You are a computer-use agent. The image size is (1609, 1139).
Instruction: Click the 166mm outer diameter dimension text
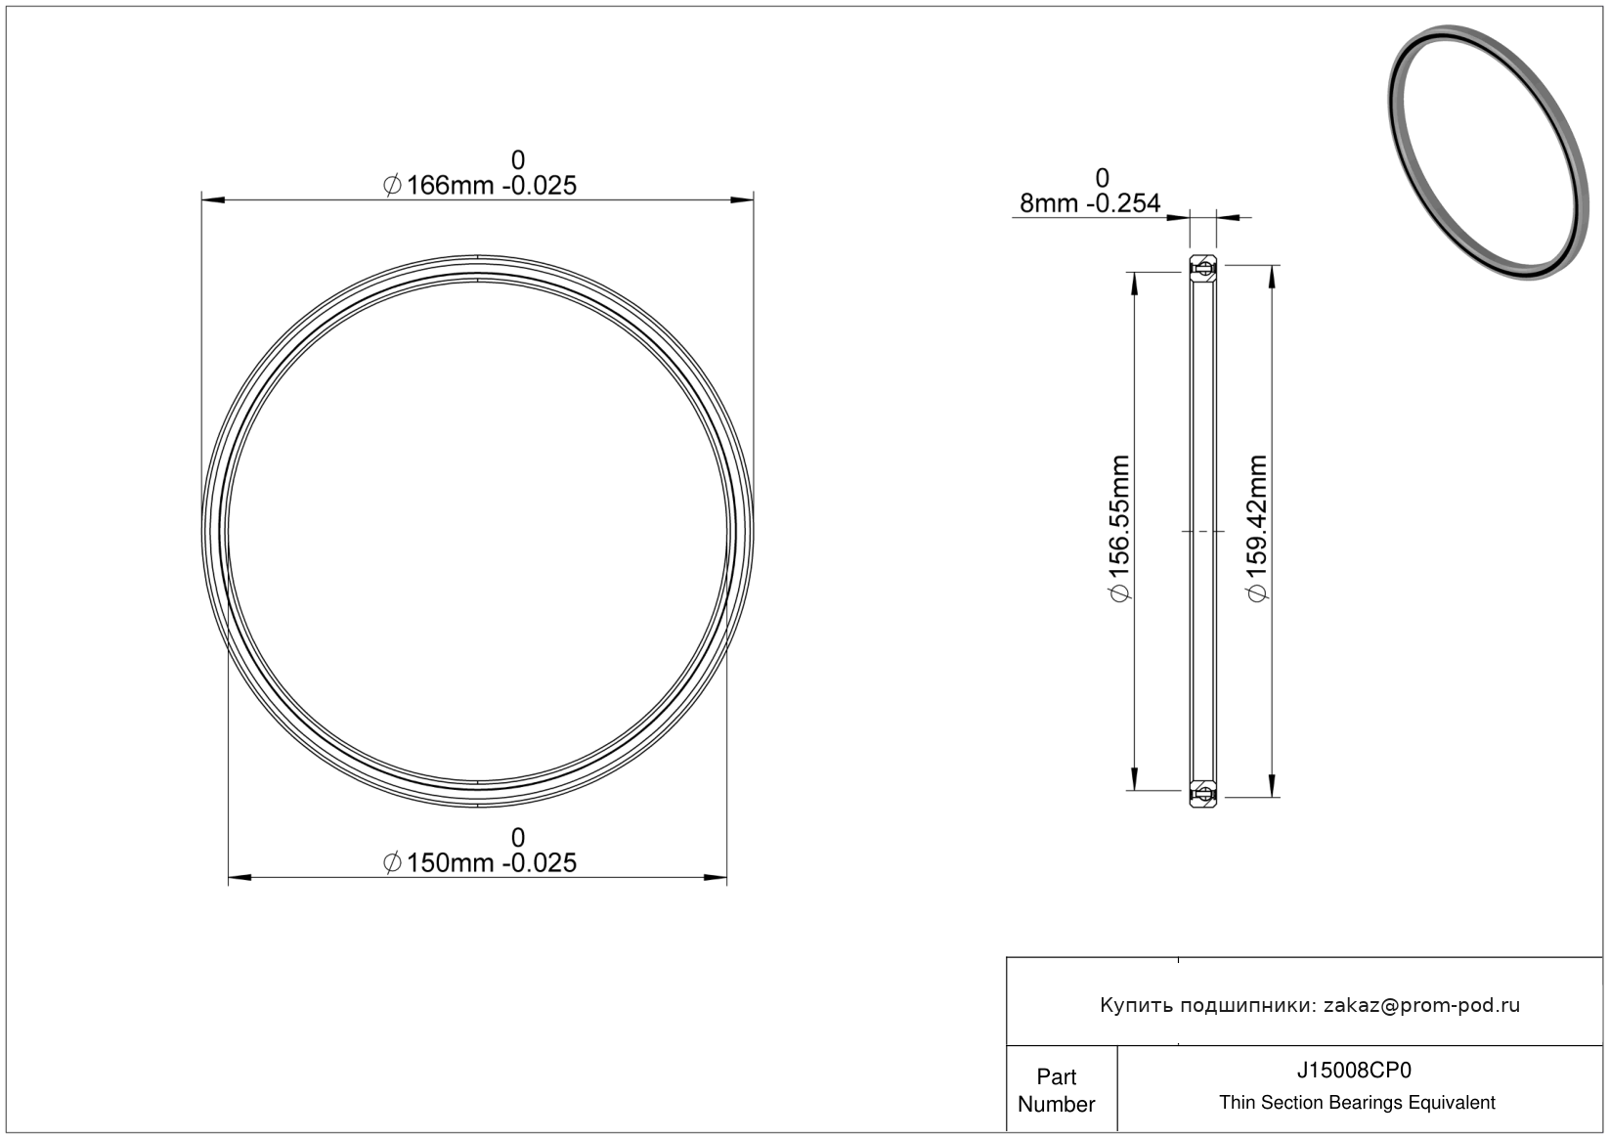click(x=480, y=186)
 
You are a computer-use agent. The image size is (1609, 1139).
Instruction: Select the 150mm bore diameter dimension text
click(x=480, y=862)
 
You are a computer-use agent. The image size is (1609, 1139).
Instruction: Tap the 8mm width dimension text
click(x=1090, y=203)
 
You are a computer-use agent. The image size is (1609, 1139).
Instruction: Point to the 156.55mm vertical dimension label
click(x=1120, y=528)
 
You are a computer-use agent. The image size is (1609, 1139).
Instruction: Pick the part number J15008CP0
click(x=1353, y=1071)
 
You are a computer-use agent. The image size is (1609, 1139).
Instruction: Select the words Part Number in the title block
click(x=1056, y=1090)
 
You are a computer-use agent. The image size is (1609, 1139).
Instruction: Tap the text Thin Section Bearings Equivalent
click(x=1357, y=1103)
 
